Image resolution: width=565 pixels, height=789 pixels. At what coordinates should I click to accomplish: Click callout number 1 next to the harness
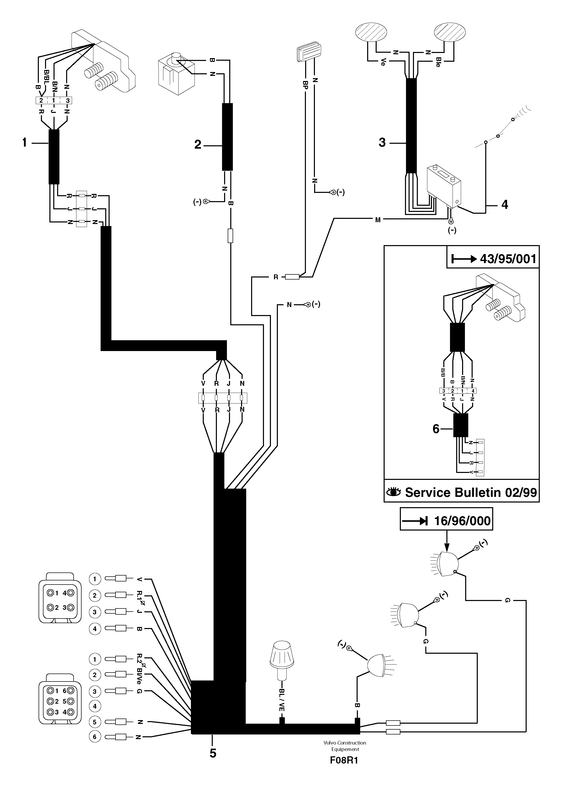tap(24, 142)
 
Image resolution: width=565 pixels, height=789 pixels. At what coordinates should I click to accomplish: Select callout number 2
tap(198, 145)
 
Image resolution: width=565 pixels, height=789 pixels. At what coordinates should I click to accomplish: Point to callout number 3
tap(382, 142)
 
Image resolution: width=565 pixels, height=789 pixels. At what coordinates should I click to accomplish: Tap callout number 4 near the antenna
tap(505, 205)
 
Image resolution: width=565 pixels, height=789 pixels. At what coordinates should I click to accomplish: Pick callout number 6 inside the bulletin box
tap(436, 429)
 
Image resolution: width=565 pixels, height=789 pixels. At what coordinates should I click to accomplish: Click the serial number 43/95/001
tap(508, 259)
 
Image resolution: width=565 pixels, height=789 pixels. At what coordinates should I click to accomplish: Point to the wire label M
tap(378, 220)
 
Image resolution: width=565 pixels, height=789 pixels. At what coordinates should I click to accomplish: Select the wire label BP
tap(305, 85)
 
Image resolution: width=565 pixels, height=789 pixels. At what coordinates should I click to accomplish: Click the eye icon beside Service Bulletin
tap(394, 492)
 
